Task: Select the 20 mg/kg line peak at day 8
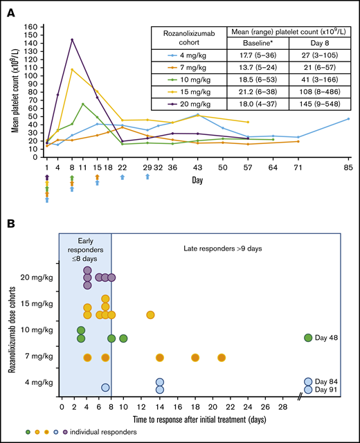point(72,39)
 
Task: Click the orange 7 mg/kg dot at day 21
point(222,358)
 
